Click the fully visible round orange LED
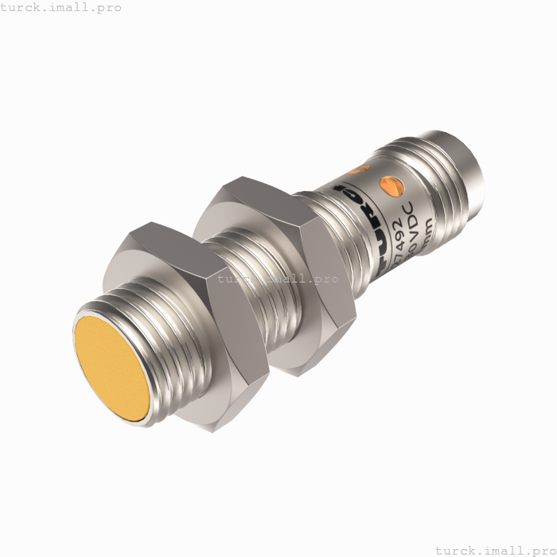point(391,185)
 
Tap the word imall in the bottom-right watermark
point(502,549)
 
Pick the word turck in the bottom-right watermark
point(456,549)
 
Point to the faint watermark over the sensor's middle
point(278,279)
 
